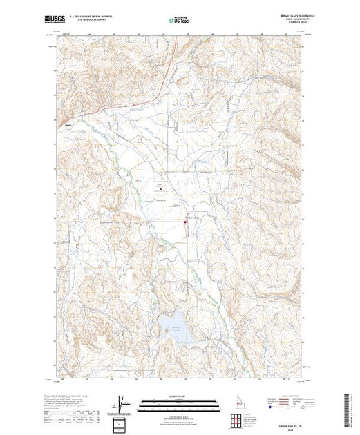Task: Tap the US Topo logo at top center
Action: coord(178,21)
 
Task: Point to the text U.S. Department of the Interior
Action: coord(93,17)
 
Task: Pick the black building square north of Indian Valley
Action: coord(162,187)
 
